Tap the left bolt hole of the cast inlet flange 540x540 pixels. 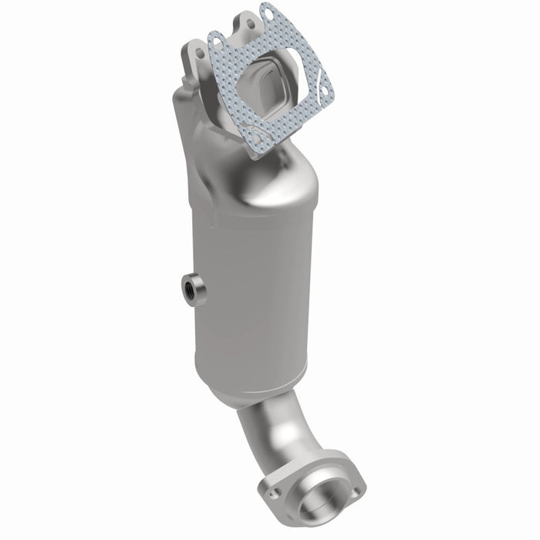[x=200, y=52]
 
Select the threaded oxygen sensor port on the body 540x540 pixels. [x=190, y=291]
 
